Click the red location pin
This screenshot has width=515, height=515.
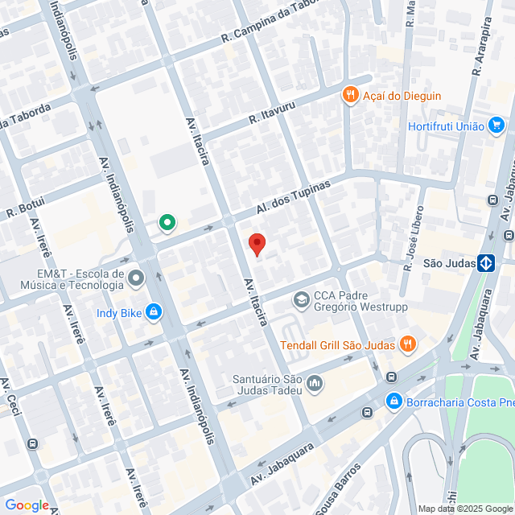257,243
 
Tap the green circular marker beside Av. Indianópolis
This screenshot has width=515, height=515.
167,223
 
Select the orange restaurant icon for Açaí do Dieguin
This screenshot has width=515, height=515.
349,96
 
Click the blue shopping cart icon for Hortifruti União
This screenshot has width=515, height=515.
496,126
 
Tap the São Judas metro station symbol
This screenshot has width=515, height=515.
486,263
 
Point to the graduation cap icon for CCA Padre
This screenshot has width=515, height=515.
301,300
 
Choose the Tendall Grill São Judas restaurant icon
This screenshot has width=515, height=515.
408,345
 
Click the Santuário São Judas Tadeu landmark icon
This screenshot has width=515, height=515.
314,384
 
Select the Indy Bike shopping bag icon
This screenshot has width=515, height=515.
154,313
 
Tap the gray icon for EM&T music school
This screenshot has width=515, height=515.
135,278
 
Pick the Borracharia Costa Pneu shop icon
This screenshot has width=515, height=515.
393,401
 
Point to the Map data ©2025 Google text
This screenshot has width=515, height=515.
465,509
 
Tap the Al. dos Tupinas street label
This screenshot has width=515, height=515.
294,198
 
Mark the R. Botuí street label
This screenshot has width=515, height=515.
23,207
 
